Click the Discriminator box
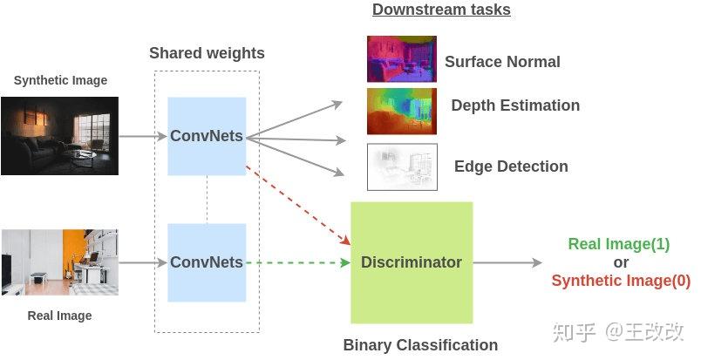412,262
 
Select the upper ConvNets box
207,137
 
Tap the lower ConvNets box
207,262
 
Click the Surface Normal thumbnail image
401,59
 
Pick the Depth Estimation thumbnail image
401,111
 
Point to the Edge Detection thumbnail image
401,166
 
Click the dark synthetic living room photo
59,136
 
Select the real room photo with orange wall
59,262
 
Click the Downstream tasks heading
441,10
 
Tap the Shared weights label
207,53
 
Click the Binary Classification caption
420,345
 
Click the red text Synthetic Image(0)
621,281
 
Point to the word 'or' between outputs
620,262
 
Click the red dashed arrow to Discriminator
296,202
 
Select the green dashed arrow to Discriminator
296,262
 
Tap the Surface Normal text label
502,62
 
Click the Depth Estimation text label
515,105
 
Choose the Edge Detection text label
511,166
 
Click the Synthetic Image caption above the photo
60,80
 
